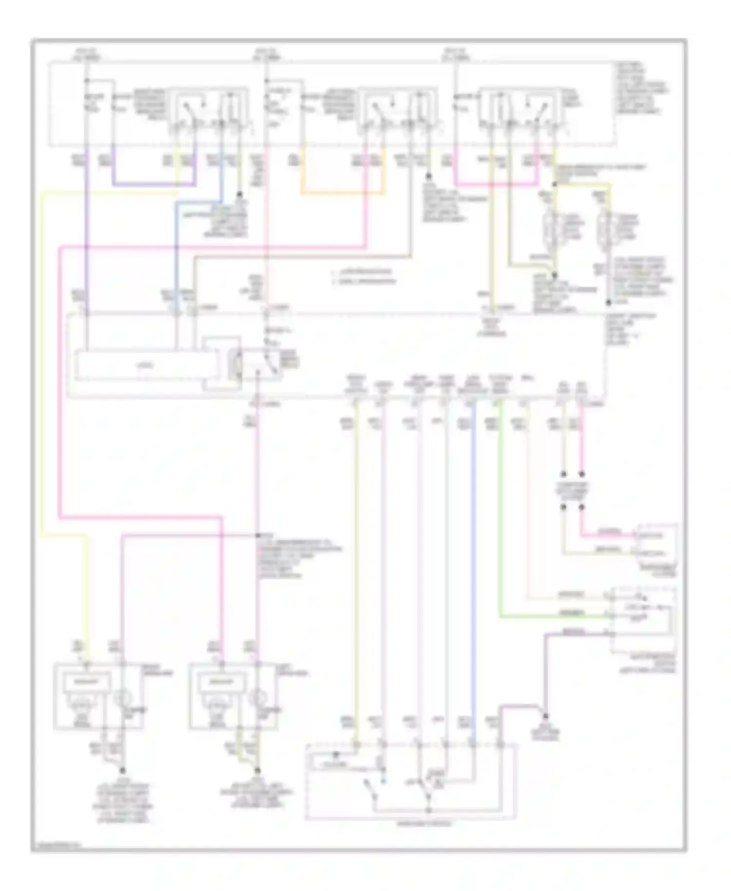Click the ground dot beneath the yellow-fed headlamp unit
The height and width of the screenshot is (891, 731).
point(122,770)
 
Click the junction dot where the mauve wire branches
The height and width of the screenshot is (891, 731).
point(258,535)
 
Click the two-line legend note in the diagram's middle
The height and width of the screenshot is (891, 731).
point(363,276)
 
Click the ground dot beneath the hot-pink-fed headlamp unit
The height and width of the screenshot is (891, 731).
point(258,770)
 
